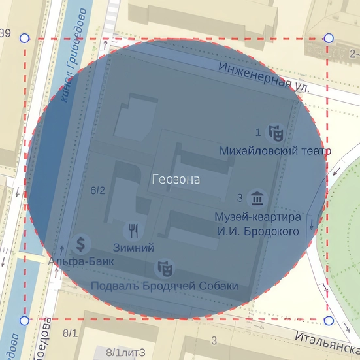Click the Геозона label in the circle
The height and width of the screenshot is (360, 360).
(176, 179)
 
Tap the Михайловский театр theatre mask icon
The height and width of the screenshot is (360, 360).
(277, 134)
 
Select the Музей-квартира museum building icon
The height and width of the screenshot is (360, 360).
(257, 197)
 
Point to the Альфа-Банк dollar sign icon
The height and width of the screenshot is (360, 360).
(82, 244)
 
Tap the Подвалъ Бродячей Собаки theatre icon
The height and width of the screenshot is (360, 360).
(163, 268)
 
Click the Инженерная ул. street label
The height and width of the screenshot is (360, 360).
(264, 76)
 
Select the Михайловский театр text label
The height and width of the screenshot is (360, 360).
(275, 151)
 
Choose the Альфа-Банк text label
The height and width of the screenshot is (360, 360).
(81, 261)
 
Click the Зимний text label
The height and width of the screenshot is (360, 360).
(133, 248)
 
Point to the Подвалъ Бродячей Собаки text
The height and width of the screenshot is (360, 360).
(164, 286)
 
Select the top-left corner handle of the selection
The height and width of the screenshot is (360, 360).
(25, 39)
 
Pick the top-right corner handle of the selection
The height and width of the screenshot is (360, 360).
(329, 39)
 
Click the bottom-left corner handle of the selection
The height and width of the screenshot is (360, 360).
(25, 320)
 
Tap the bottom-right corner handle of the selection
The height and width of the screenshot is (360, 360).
(329, 320)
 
